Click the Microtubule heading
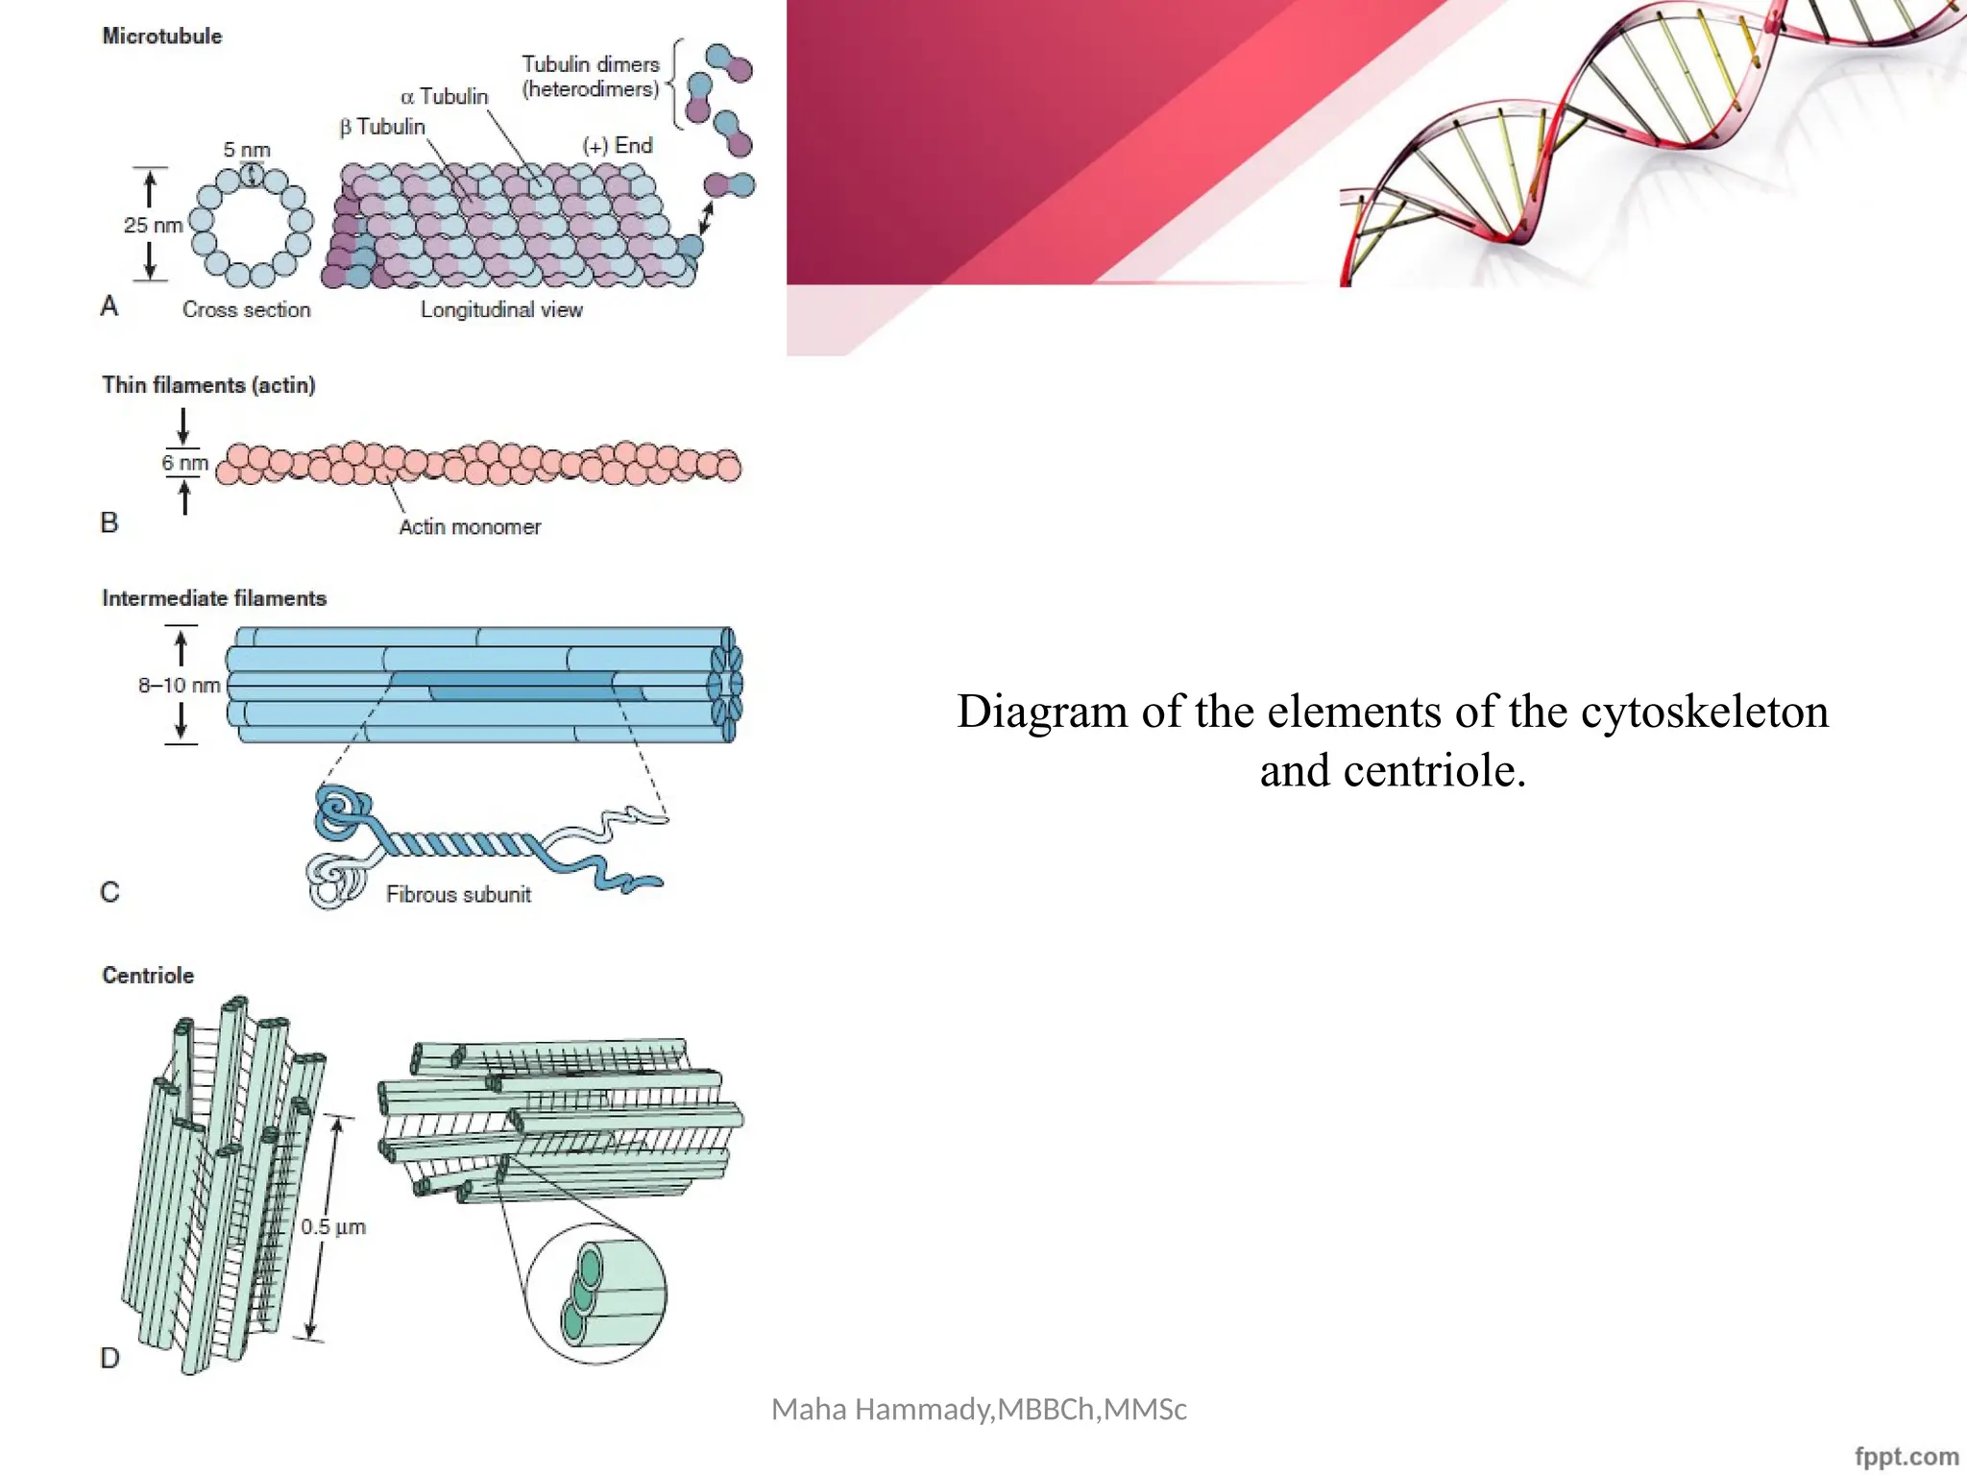(x=161, y=36)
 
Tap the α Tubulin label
(x=444, y=97)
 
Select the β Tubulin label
(x=381, y=127)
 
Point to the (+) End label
(x=618, y=146)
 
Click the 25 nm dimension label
(x=152, y=226)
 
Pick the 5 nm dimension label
(x=247, y=151)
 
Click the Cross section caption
(x=246, y=310)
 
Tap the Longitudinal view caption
(x=501, y=310)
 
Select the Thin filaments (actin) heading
(x=208, y=385)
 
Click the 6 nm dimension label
(x=184, y=463)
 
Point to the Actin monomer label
(x=470, y=527)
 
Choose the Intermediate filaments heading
(x=214, y=598)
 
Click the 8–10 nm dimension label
(x=179, y=686)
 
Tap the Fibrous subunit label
(x=458, y=895)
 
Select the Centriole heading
(x=148, y=976)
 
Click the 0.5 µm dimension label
(x=332, y=1227)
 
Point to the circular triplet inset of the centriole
(x=596, y=1294)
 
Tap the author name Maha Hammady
(x=883, y=1410)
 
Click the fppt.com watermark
(x=1906, y=1457)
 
